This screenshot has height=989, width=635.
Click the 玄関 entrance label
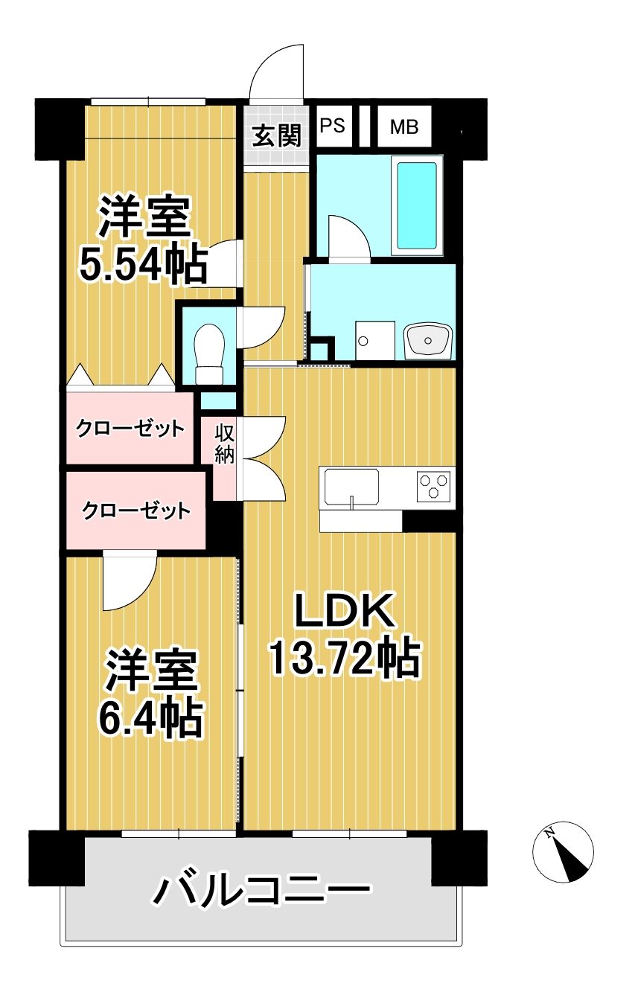[276, 135]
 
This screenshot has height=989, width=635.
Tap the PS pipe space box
[333, 125]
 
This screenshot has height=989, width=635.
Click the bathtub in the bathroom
[417, 205]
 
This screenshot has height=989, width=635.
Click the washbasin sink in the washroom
[428, 341]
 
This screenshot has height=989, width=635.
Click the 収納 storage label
[225, 444]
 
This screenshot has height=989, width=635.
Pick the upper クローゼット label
[130, 428]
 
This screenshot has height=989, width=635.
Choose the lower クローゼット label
[135, 511]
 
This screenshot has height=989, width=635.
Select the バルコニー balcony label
[261, 889]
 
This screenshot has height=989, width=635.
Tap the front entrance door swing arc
[277, 71]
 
